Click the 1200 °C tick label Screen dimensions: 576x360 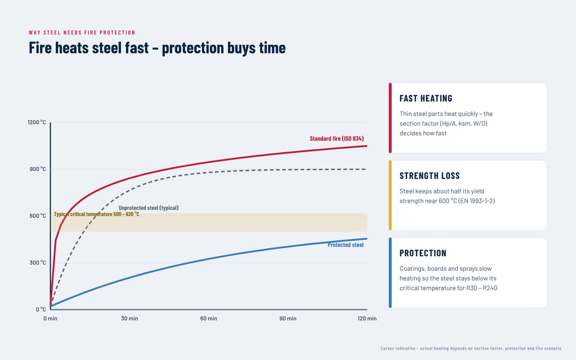point(36,122)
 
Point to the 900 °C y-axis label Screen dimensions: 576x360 point(37,169)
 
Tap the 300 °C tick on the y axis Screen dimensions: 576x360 point(37,263)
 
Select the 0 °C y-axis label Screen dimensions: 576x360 point(41,309)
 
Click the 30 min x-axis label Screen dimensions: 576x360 point(129,318)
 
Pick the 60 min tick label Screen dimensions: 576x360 point(208,318)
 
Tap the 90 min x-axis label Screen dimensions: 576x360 point(288,318)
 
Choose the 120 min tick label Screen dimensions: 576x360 point(367,318)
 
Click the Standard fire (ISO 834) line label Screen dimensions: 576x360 point(336,139)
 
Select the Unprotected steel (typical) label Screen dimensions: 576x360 point(149,208)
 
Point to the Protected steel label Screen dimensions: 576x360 point(345,245)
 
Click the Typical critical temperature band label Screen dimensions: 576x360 point(96,214)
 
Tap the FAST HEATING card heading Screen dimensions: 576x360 point(426,98)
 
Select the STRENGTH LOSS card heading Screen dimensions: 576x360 point(430,176)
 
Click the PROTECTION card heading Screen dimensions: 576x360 point(423,253)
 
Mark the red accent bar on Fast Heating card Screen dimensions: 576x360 point(390,118)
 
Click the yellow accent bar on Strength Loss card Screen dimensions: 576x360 point(390,195)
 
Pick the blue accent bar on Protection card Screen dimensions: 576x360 point(390,273)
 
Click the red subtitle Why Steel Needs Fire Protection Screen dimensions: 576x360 point(82,33)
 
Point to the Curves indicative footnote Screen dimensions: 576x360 point(471,348)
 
